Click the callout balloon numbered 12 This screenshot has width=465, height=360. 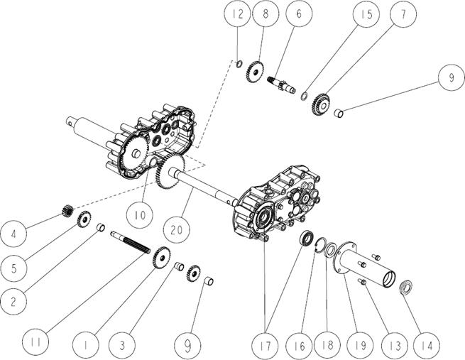(238, 14)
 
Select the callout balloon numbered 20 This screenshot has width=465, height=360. (177, 229)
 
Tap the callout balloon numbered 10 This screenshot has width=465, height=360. (139, 214)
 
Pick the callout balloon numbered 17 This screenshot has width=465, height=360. (266, 346)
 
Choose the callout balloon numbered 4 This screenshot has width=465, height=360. (13, 234)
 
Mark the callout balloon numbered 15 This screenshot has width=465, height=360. (368, 14)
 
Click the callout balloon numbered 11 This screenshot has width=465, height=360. (36, 342)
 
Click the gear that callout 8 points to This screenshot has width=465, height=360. (255, 72)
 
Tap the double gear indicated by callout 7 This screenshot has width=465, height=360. (320, 104)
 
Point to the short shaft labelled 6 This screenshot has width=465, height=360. (281, 84)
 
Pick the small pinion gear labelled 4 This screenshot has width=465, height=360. (67, 211)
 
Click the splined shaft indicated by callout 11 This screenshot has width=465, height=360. (131, 241)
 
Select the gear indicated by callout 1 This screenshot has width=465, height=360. (162, 258)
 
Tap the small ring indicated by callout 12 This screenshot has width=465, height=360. (239, 64)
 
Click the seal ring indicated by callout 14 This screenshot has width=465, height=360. (405, 287)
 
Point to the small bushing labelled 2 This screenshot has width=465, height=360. (102, 228)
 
